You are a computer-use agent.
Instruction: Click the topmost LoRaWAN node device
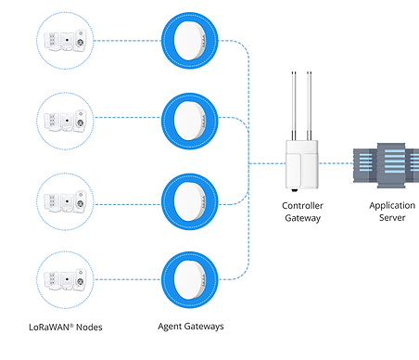(x=67, y=40)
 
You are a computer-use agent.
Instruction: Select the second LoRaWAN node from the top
(x=67, y=119)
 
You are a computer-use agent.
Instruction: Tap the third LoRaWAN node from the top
(x=67, y=199)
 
